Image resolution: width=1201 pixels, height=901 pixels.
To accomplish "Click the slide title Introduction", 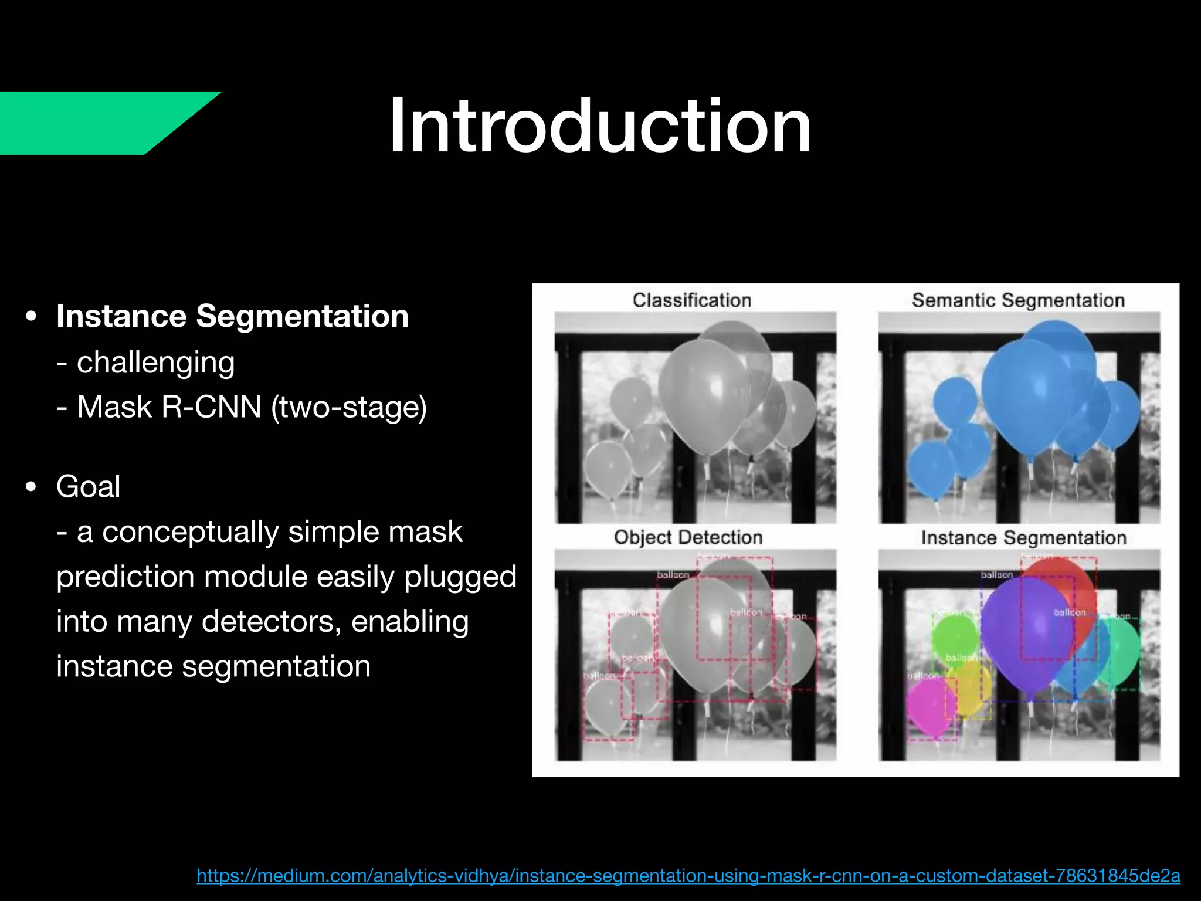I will point(600,126).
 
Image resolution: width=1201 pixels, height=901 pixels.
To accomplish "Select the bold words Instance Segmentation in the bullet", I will point(232,316).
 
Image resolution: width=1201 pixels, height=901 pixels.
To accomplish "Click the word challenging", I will point(156,362).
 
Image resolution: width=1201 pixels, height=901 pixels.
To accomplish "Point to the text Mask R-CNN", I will point(169,407).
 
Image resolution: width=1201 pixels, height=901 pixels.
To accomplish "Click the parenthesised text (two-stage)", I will point(349,407).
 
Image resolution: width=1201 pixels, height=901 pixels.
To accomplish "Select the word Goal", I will point(89,486).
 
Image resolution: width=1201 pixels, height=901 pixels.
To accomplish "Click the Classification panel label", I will point(691,300).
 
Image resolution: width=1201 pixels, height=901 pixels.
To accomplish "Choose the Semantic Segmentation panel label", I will point(1018,300).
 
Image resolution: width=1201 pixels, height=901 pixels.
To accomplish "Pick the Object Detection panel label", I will point(688,537).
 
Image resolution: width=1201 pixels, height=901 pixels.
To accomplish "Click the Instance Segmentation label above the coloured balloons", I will point(1023,537).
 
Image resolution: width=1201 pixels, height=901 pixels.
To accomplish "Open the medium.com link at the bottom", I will point(688,876).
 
